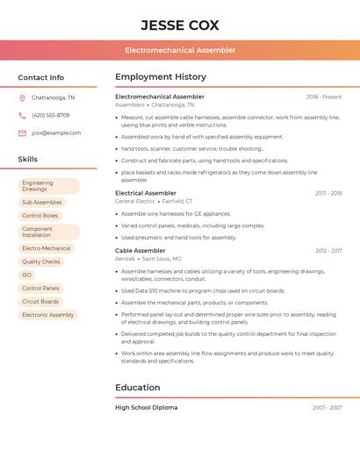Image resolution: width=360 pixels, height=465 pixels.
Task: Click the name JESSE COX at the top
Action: [180, 25]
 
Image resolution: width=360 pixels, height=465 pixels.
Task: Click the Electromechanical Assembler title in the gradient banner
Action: [180, 50]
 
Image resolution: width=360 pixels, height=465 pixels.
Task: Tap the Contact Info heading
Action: [40, 77]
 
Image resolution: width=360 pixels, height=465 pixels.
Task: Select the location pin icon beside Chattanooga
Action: [22, 98]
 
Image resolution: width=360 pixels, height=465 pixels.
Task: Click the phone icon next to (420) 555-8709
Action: [22, 116]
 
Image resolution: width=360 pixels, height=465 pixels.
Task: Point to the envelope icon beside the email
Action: [22, 133]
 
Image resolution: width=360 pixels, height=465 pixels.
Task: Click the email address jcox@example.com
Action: [56, 133]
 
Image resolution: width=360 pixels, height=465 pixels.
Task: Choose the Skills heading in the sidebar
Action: [28, 160]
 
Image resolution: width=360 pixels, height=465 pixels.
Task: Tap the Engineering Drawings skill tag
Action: [48, 186]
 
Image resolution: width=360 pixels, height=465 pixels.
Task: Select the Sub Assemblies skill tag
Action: [42, 203]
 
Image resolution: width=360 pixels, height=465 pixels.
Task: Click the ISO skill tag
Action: [27, 275]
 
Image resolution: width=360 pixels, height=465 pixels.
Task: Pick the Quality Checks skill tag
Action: [41, 261]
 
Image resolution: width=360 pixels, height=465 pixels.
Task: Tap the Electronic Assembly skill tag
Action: [47, 315]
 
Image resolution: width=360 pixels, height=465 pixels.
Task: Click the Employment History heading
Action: [161, 77]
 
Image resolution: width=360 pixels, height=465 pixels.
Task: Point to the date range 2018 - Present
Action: [324, 97]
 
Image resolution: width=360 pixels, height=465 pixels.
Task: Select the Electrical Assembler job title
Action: [146, 193]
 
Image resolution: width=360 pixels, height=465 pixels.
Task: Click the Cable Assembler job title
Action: [140, 251]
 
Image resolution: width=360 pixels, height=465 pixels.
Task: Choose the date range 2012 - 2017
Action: [328, 251]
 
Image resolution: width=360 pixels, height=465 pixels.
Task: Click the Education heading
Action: [138, 388]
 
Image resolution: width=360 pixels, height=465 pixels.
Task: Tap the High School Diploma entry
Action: [147, 408]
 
